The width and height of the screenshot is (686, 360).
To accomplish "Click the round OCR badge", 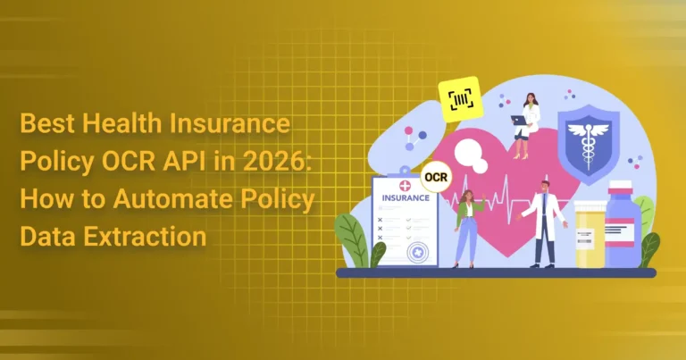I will click(x=436, y=178).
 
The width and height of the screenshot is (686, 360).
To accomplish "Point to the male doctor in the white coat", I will click(x=544, y=223).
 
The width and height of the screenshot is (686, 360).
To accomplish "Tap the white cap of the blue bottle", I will click(x=622, y=187).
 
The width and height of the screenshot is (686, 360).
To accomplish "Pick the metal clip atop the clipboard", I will click(x=406, y=170).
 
